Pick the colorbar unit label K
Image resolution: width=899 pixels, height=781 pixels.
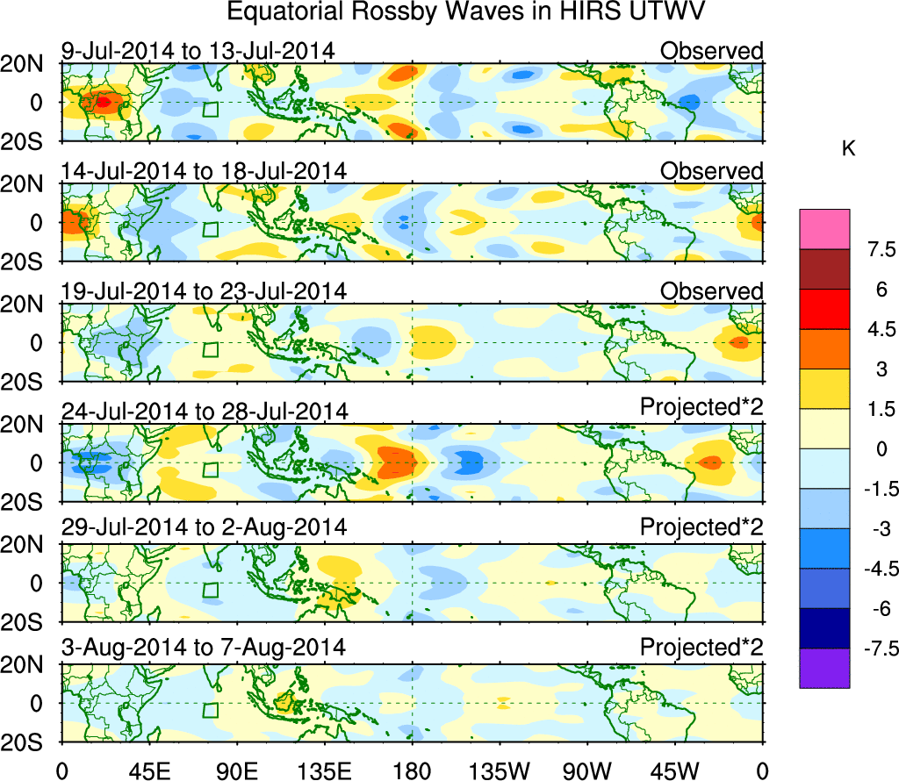pyautogui.click(x=848, y=150)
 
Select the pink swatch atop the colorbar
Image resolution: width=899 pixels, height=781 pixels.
pyautogui.click(x=824, y=229)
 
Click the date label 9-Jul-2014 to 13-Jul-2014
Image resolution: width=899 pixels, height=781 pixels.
pyautogui.click(x=198, y=50)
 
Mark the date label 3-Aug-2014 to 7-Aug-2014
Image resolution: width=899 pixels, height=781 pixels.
pyautogui.click(x=204, y=647)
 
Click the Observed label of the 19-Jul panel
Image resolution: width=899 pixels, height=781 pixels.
pyautogui.click(x=712, y=290)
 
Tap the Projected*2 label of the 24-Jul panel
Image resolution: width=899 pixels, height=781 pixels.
pyautogui.click(x=701, y=408)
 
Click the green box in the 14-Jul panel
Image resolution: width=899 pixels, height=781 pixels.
pyautogui.click(x=210, y=229)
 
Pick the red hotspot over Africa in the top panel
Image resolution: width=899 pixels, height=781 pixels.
pyautogui.click(x=103, y=102)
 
